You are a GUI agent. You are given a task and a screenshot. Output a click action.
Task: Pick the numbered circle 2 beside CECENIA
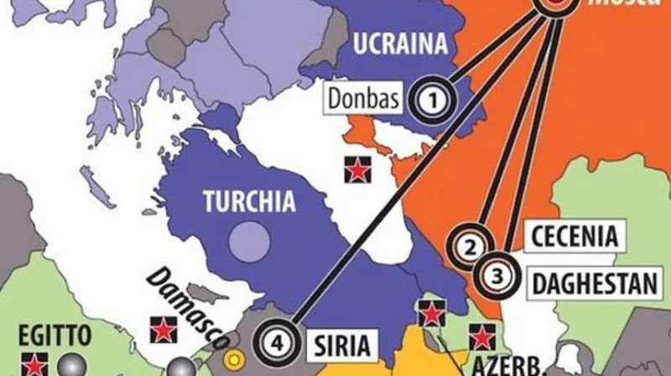(471, 245)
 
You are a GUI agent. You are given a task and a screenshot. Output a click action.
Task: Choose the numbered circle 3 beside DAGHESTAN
(497, 273)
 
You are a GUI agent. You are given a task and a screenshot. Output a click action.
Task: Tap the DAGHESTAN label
(595, 282)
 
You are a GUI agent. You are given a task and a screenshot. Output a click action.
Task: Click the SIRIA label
(341, 343)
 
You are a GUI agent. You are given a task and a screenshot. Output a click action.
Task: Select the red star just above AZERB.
(481, 336)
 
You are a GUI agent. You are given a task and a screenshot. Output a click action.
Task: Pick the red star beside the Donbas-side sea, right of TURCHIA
(357, 170)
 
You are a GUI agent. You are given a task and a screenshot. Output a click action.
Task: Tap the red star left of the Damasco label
(159, 328)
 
